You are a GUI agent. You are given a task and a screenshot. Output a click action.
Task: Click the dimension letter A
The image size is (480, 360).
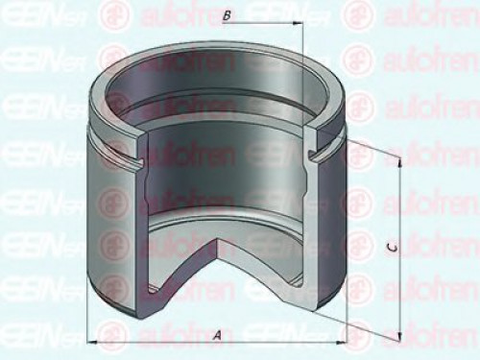click(x=217, y=335)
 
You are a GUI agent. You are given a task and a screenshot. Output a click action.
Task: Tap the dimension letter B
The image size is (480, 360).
click(x=225, y=16)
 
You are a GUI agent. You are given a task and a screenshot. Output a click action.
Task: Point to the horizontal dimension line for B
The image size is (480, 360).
click(x=259, y=27)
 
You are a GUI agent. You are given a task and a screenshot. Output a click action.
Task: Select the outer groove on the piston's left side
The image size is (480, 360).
click(x=101, y=154)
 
